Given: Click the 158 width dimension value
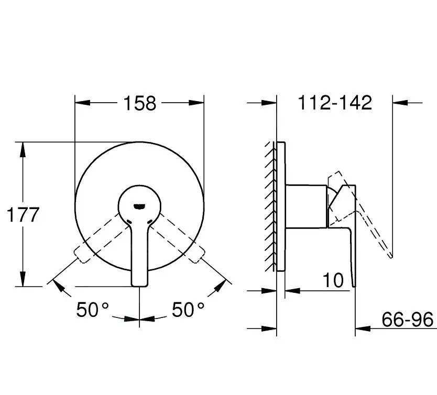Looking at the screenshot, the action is click(x=139, y=103).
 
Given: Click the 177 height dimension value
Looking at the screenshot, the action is click(x=23, y=215).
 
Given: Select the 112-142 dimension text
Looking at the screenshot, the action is click(x=335, y=103).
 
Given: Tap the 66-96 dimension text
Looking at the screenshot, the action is click(x=407, y=319).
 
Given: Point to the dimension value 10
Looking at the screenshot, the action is click(x=333, y=280).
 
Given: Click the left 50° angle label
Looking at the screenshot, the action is click(x=93, y=310).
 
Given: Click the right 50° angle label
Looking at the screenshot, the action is click(x=188, y=310).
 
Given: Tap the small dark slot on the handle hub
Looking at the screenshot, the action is click(x=139, y=206).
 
